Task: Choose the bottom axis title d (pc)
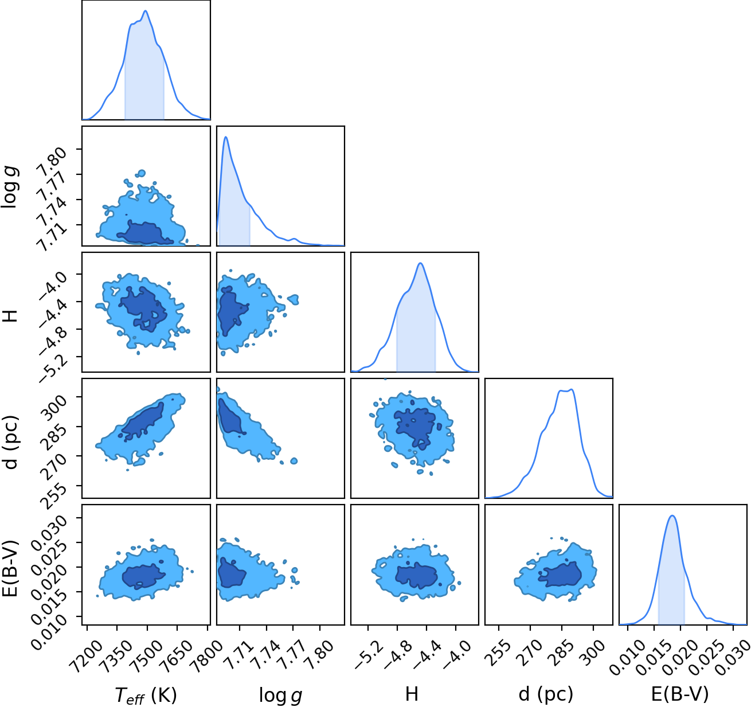pos(546,695)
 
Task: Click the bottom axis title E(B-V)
pos(680,694)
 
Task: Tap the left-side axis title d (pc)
pos(12,442)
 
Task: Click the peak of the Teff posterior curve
pos(145,11)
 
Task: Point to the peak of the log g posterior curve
pos(226,137)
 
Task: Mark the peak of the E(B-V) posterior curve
pos(672,515)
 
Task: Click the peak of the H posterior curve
pos(420,263)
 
